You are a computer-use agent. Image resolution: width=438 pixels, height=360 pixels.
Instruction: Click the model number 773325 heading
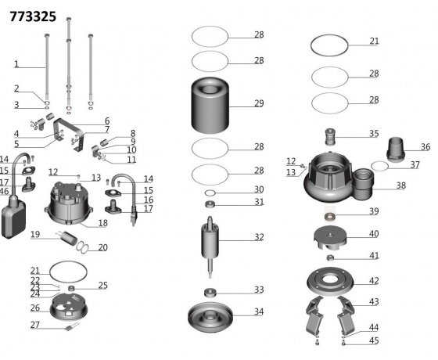(33, 16)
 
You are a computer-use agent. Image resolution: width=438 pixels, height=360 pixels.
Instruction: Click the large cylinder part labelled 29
(210, 106)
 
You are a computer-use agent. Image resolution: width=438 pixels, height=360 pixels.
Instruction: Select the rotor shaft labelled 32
(210, 247)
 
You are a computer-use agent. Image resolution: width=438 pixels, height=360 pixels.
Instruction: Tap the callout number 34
(259, 311)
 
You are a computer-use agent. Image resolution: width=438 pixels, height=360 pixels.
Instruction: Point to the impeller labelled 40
(330, 238)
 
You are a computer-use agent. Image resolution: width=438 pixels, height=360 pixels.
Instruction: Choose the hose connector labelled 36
(396, 149)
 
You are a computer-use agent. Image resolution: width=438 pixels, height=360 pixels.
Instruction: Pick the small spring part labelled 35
(330, 137)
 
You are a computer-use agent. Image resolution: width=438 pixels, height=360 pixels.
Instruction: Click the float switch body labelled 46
(13, 217)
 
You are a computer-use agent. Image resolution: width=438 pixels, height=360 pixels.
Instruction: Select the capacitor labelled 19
(69, 238)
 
